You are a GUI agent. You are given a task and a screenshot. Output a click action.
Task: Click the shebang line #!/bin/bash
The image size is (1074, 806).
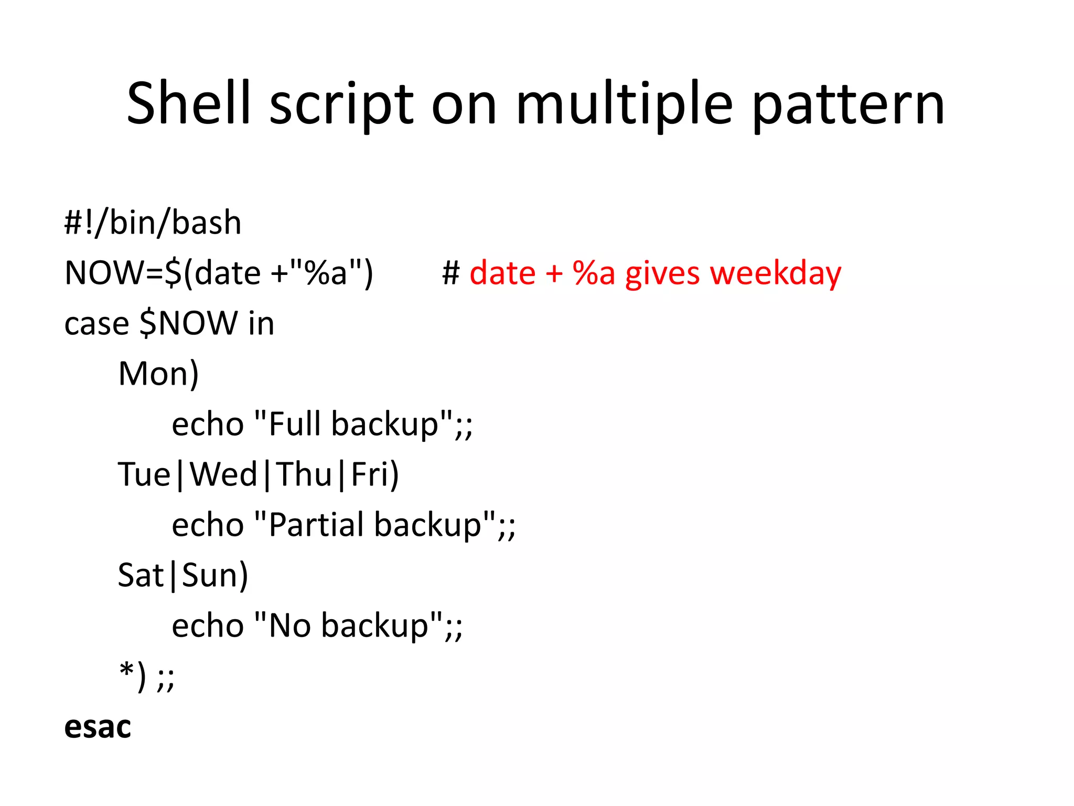tap(153, 222)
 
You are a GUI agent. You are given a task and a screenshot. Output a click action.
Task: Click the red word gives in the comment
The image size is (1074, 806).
tap(662, 273)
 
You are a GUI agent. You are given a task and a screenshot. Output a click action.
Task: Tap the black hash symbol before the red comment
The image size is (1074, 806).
tap(451, 273)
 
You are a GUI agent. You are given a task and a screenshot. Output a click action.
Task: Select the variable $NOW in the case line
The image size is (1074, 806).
tap(189, 323)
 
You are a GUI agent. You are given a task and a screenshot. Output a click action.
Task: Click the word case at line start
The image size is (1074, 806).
tap(96, 324)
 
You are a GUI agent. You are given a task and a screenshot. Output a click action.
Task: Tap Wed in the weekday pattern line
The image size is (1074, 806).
tap(223, 474)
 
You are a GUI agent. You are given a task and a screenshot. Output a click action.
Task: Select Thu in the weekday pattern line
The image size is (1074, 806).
tap(304, 474)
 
